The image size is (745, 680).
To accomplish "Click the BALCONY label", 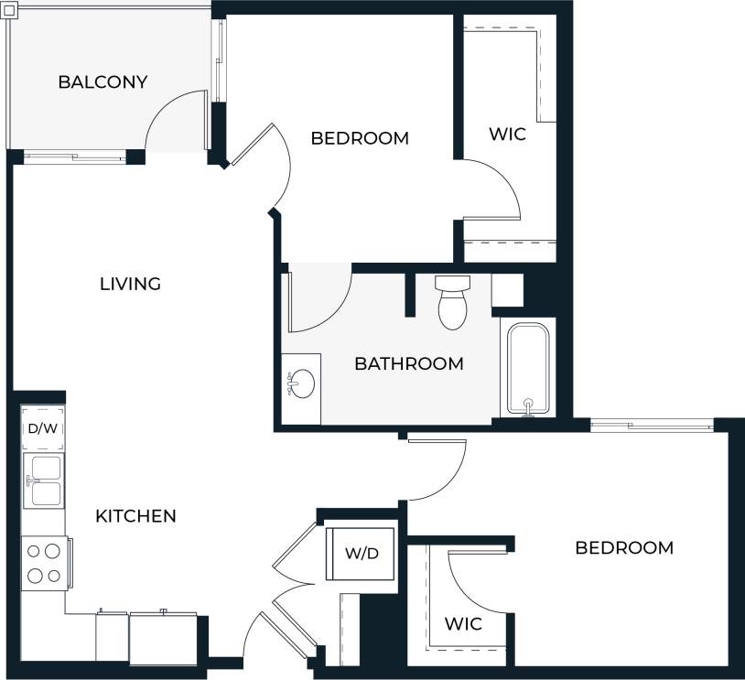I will pos(103,82).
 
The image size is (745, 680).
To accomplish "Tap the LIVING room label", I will pos(130,284).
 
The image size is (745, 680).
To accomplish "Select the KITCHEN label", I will pos(135,516).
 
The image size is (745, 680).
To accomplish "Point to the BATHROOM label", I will pos(408,363).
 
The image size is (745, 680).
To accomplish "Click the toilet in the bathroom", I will pos(452,302).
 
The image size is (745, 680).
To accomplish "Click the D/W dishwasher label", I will pos(41,428).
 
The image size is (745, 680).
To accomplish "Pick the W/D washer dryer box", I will pos(362,554).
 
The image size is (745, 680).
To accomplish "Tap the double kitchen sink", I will pos(43,480).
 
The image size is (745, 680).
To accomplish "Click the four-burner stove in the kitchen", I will pos(43,563).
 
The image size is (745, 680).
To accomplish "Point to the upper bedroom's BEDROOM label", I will pos(359,138).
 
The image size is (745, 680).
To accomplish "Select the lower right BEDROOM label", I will pos(624,547).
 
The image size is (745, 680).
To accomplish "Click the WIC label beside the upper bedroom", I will pos(507,135).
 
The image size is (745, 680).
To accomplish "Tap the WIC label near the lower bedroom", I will pos(463,624).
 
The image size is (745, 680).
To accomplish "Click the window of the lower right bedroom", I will pos(652,425).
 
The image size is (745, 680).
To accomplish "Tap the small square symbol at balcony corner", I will pos(9,9).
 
